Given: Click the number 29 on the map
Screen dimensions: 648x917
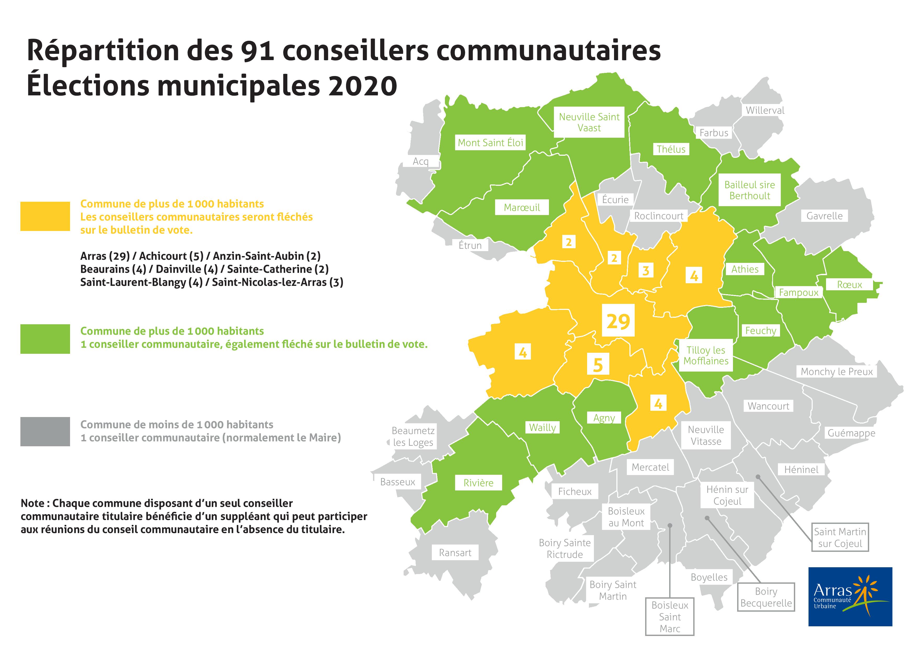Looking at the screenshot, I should click(618, 321).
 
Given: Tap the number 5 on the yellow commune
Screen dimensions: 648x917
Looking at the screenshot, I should click(598, 364).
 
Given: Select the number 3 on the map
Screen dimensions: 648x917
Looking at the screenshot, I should click(645, 271).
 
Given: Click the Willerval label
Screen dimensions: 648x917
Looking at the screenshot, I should click(765, 110).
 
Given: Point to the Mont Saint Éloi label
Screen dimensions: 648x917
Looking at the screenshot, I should click(490, 143).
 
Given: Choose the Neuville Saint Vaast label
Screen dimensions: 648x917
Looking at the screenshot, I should click(589, 122).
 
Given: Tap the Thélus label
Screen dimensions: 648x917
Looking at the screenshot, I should click(671, 149).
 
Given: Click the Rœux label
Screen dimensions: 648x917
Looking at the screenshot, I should click(850, 285).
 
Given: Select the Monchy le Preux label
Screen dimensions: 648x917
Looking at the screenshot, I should click(837, 372).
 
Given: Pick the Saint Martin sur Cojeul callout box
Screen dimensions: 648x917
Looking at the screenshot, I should click(840, 537).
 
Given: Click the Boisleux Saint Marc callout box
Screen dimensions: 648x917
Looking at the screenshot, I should click(670, 617).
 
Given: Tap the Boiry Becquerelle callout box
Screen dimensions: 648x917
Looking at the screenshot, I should click(766, 597).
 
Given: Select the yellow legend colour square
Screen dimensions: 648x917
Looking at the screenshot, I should click(45, 216).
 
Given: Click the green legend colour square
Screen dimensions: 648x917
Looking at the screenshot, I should click(45, 339).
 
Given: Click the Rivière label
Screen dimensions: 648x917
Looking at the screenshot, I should click(478, 483).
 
